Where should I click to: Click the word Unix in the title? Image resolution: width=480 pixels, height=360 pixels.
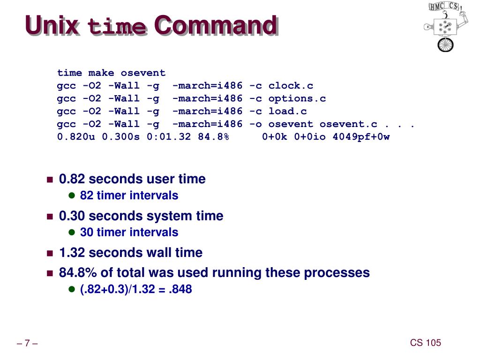pyautogui.click(x=52, y=25)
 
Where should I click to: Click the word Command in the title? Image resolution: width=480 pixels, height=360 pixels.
pyautogui.click(x=215, y=25)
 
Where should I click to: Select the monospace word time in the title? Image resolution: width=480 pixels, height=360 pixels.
pyautogui.click(x=117, y=27)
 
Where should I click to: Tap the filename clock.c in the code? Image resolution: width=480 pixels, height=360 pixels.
pyautogui.click(x=291, y=86)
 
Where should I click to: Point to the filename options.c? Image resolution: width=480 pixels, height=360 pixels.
pyautogui.click(x=297, y=98)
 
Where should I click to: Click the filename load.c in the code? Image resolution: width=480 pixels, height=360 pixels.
pyautogui.click(x=287, y=111)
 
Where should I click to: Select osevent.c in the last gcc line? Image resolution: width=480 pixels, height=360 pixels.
pyautogui.click(x=348, y=124)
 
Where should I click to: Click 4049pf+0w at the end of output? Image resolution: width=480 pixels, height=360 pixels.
pyautogui.click(x=361, y=137)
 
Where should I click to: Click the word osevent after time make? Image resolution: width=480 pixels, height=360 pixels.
pyautogui.click(x=143, y=73)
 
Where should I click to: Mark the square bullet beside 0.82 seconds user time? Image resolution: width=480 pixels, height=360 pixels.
pyautogui.click(x=50, y=180)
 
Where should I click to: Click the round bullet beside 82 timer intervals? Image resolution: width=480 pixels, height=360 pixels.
pyautogui.click(x=72, y=195)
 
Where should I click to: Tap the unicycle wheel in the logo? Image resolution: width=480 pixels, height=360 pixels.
pyautogui.click(x=445, y=45)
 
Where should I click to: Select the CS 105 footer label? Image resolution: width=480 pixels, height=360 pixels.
pyautogui.click(x=426, y=343)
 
